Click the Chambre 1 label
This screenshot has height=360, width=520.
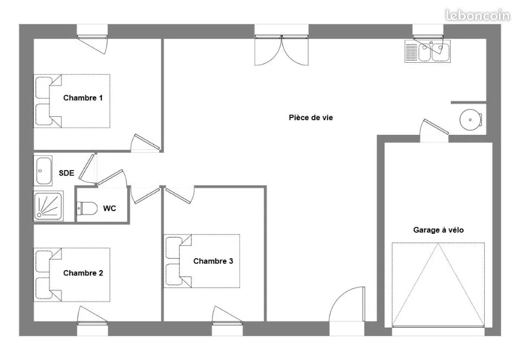point(83,98)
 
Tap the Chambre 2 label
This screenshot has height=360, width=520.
point(83,273)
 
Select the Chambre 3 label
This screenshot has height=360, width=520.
point(213,261)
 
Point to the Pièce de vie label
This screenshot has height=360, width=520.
point(311,117)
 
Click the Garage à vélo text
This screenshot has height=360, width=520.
point(438,230)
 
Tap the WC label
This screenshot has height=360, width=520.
point(109,208)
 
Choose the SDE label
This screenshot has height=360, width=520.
point(66,173)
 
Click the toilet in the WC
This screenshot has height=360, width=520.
point(87,208)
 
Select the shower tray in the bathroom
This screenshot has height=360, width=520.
point(48,206)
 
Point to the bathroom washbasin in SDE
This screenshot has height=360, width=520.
point(44,171)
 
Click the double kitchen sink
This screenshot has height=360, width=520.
point(428,51)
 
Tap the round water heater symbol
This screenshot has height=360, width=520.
point(471,120)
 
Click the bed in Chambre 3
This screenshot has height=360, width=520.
point(201,261)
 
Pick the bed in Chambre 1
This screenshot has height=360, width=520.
point(71,101)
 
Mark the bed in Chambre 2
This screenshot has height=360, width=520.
point(71,274)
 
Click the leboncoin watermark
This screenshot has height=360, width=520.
point(478,15)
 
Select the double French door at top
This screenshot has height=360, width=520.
point(282,50)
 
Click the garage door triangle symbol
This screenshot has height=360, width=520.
point(438,285)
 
